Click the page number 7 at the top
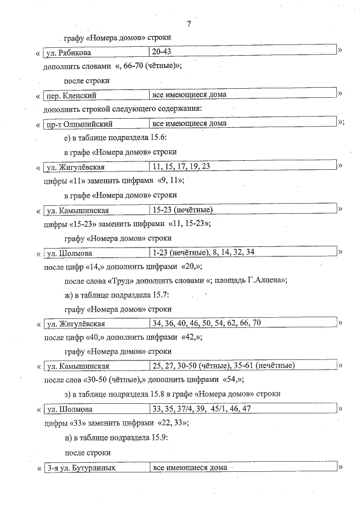click(x=189, y=24)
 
